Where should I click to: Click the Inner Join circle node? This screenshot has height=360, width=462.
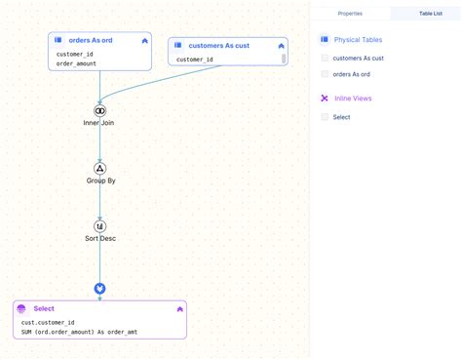click(x=99, y=111)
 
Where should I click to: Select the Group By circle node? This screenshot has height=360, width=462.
click(x=99, y=169)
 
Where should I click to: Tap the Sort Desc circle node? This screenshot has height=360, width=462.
click(x=99, y=226)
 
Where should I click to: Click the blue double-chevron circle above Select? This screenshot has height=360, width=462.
click(x=99, y=289)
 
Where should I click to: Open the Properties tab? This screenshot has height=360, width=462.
click(x=350, y=14)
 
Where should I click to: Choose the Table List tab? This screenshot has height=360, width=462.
click(x=431, y=14)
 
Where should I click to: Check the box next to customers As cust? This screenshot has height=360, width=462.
click(x=325, y=58)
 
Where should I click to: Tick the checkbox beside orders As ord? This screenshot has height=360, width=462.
click(x=325, y=74)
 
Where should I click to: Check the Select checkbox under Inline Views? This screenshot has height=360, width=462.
click(x=325, y=117)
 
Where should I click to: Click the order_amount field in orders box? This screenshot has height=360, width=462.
click(x=76, y=63)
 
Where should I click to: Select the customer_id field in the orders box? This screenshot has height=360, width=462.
click(x=74, y=54)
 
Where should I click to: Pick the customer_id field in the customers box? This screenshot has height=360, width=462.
click(x=195, y=60)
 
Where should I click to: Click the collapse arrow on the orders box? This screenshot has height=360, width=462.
click(x=145, y=41)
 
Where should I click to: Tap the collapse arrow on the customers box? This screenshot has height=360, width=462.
click(x=282, y=46)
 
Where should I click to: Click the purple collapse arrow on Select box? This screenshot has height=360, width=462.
click(x=180, y=309)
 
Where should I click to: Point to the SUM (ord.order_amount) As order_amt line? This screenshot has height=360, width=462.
click(x=79, y=332)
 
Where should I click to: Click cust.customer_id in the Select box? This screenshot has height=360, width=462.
click(x=48, y=323)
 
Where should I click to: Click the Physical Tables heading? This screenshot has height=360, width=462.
click(x=358, y=40)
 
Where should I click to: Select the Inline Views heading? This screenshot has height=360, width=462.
click(x=353, y=99)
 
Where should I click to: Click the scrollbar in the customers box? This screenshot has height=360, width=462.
click(x=284, y=59)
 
